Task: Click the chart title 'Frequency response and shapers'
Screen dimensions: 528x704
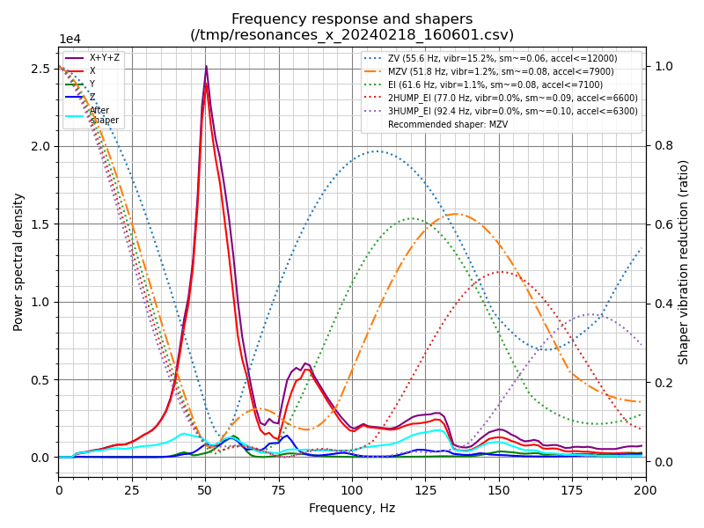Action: [x=352, y=19]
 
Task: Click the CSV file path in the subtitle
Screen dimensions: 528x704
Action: [x=352, y=35]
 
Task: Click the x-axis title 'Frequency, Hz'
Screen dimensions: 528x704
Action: [x=352, y=508]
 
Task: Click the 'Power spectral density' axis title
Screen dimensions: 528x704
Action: [x=18, y=261]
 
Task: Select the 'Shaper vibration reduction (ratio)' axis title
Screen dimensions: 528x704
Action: [x=684, y=261]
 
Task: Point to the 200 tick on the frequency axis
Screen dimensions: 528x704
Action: [x=645, y=488]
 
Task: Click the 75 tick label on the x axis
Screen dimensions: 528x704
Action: [x=279, y=488]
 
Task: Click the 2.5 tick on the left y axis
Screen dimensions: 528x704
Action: [x=39, y=69]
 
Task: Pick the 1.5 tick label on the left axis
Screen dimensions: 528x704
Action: [x=39, y=224]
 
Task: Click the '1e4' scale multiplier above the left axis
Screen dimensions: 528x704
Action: [x=70, y=40]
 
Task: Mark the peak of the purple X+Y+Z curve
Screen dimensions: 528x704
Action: [x=206, y=66]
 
